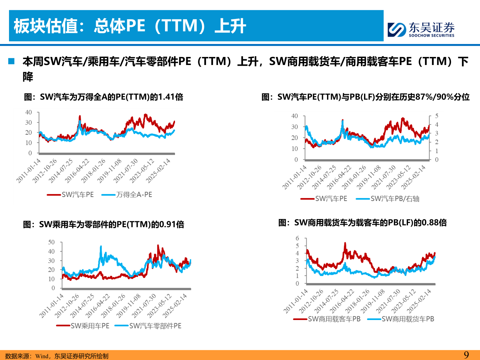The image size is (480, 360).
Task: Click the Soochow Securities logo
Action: pyautogui.click(x=421, y=29)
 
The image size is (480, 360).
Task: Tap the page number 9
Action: pyautogui.click(x=466, y=355)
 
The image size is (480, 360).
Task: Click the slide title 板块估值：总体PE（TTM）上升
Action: pyautogui.click(x=130, y=26)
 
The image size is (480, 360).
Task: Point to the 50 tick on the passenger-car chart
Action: pyautogui.click(x=51, y=242)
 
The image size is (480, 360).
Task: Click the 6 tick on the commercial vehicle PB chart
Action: pyautogui.click(x=297, y=238)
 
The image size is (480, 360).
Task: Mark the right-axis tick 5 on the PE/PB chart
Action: pyautogui.click(x=437, y=116)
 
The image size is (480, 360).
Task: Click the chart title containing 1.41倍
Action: pyautogui.click(x=103, y=97)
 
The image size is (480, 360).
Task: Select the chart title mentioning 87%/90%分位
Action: pyautogui.click(x=365, y=97)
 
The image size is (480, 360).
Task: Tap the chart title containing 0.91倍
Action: pyautogui.click(x=103, y=224)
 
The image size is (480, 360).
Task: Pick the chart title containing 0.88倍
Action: pyautogui.click(x=362, y=223)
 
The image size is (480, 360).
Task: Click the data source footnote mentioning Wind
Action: pyautogui.click(x=57, y=356)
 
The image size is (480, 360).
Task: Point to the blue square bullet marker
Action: pyautogui.click(x=11, y=61)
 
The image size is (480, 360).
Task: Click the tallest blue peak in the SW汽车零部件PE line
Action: pyautogui.click(x=101, y=247)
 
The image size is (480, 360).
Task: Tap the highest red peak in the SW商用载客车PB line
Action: pyautogui.click(x=345, y=243)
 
